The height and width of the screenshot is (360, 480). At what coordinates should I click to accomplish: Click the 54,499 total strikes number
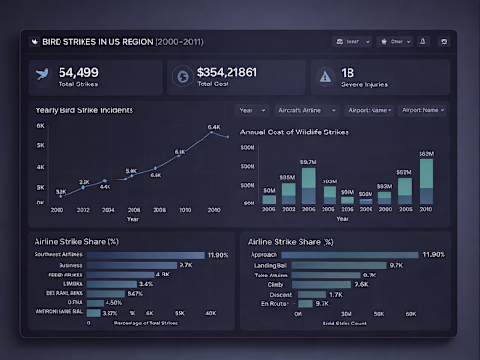[79, 72]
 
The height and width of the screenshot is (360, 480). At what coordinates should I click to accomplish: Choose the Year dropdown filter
[252, 110]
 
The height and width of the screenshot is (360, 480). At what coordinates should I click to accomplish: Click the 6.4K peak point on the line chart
[213, 133]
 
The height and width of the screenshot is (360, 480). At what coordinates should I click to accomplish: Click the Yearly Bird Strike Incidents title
[84, 110]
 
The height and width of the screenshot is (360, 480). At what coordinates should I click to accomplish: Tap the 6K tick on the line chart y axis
[41, 126]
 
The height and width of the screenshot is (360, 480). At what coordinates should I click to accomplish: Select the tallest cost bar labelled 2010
[425, 181]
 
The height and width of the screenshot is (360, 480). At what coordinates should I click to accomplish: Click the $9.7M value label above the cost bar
[308, 162]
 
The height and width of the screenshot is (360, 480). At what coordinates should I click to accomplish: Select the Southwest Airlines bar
[145, 255]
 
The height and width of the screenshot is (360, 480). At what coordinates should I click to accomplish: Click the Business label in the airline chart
[69, 265]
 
